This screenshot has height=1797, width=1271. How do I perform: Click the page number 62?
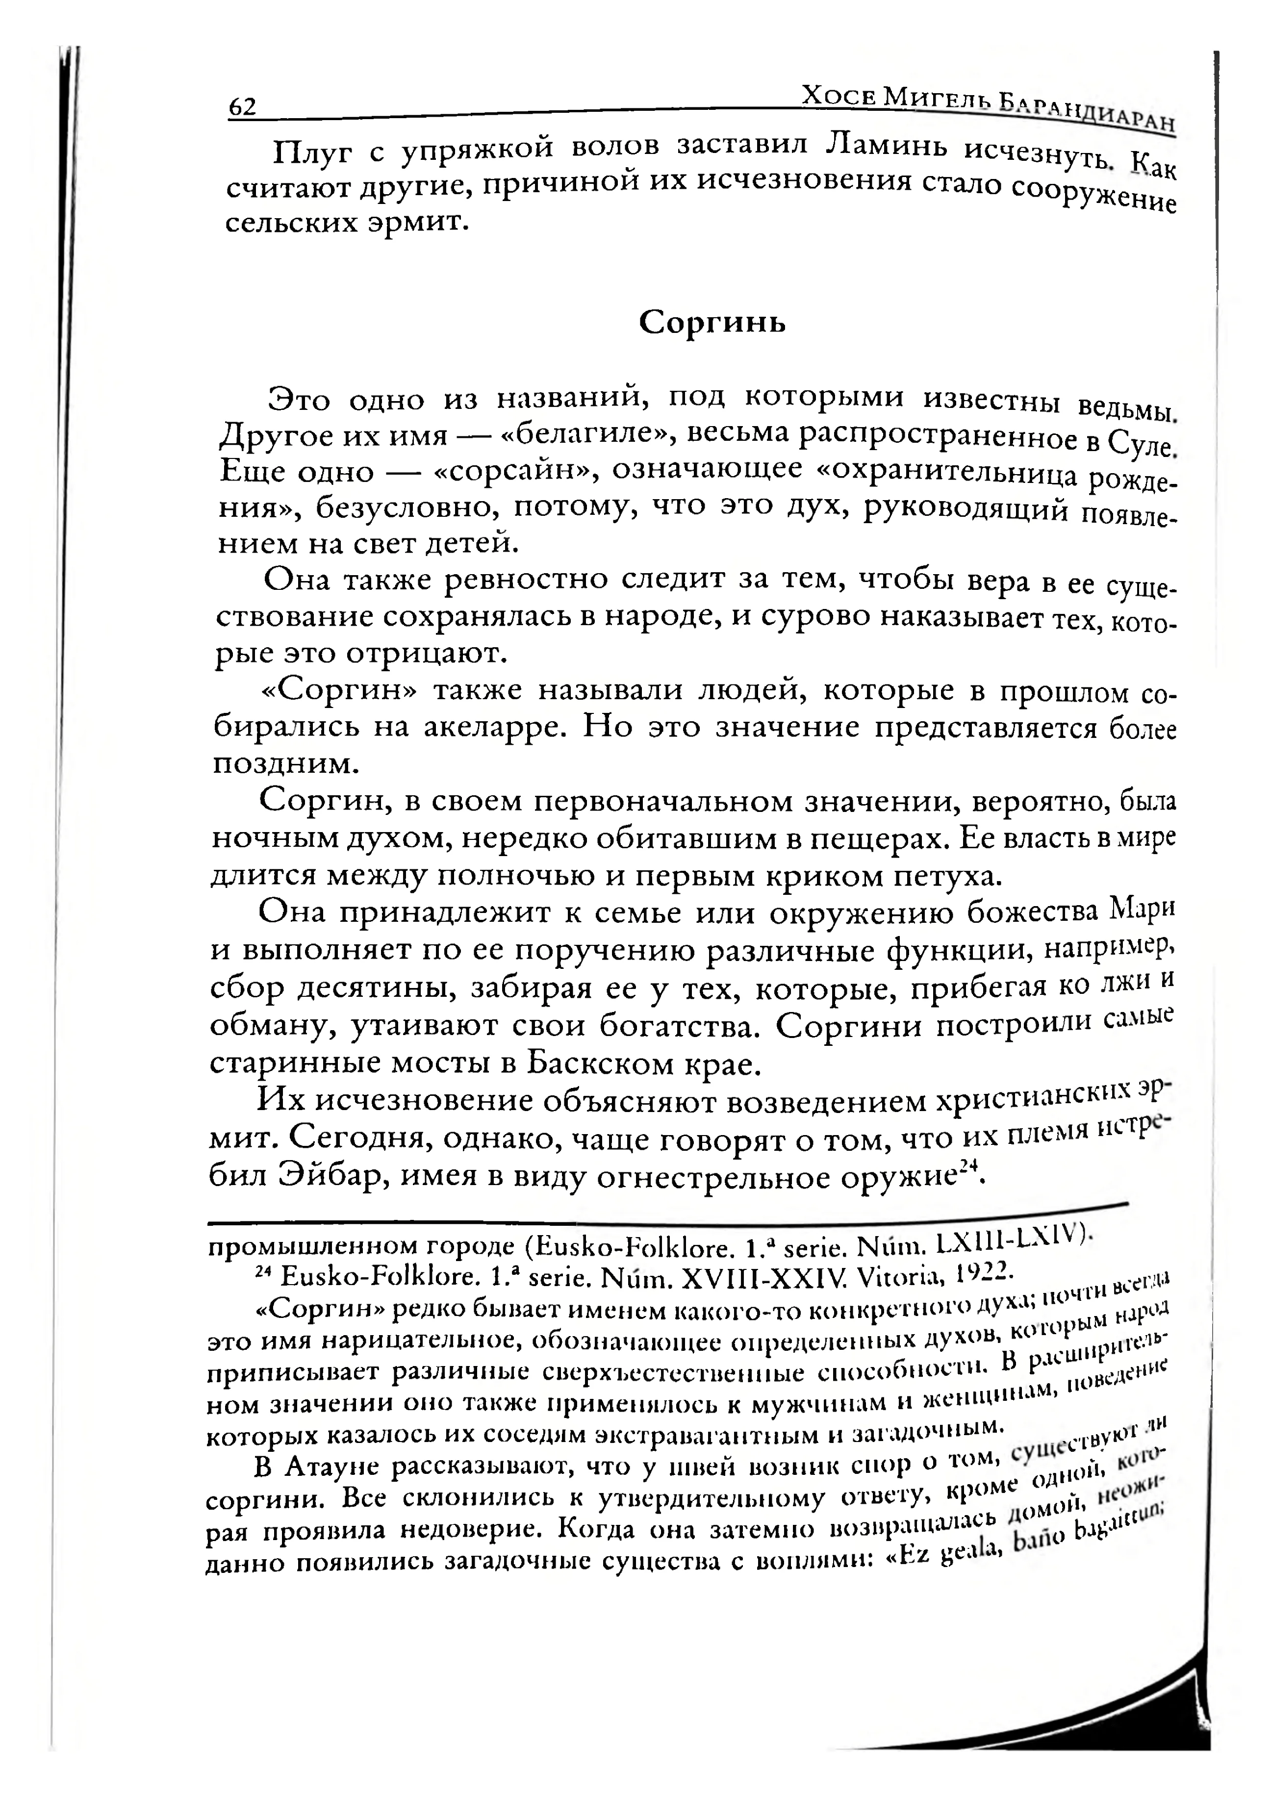(242, 106)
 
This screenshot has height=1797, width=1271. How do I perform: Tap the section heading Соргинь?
(712, 322)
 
